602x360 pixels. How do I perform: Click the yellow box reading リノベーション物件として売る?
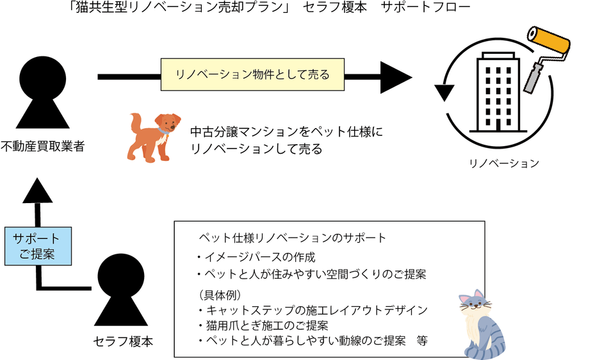[x=252, y=74]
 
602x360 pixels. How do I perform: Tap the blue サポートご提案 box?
[x=38, y=246]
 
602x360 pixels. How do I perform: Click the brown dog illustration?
[x=154, y=137]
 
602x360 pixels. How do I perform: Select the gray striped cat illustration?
[x=482, y=325]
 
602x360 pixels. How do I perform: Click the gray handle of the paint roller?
[x=533, y=79]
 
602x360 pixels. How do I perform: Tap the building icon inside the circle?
[x=498, y=93]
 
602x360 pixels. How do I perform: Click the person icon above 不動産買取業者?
[x=43, y=92]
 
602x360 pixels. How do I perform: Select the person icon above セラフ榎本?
[x=121, y=290]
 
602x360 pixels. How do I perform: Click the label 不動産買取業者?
[x=42, y=147]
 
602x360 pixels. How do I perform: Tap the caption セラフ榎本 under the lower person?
[x=123, y=341]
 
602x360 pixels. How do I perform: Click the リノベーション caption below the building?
[x=504, y=163]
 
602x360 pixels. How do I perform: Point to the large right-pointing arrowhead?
[x=396, y=78]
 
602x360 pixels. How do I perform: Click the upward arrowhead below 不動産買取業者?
[x=37, y=190]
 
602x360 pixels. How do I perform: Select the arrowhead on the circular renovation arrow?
[x=444, y=93]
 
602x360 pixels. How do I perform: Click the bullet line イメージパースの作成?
[x=256, y=257]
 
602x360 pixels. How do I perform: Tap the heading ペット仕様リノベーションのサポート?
[x=292, y=238]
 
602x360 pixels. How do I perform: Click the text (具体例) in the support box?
[x=220, y=295]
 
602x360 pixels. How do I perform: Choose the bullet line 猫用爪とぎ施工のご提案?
[x=263, y=326]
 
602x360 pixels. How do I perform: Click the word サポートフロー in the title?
[x=425, y=7]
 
